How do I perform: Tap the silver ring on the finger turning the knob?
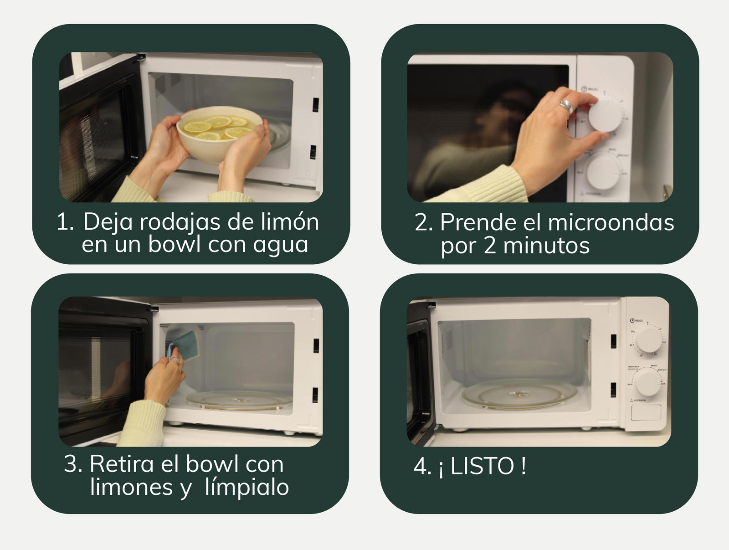pos(567,106)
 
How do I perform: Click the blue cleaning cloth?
pos(185,345)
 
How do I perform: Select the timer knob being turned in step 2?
pos(606,114)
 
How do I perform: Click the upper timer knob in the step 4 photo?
pos(648,339)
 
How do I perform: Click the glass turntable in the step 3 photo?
pos(239,400)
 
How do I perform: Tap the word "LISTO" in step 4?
pos(482,466)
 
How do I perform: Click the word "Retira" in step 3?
pos(122,463)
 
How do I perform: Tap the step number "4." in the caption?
pos(422,466)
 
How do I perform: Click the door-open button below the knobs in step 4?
pos(646,412)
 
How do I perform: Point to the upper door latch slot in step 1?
pos(315,105)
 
